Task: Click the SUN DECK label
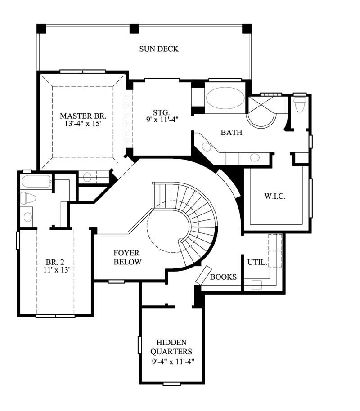click(158, 49)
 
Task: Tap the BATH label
click(231, 133)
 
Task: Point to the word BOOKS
click(223, 277)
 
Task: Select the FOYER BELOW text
click(128, 258)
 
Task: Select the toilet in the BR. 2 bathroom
click(30, 198)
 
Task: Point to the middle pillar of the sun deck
click(134, 29)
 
